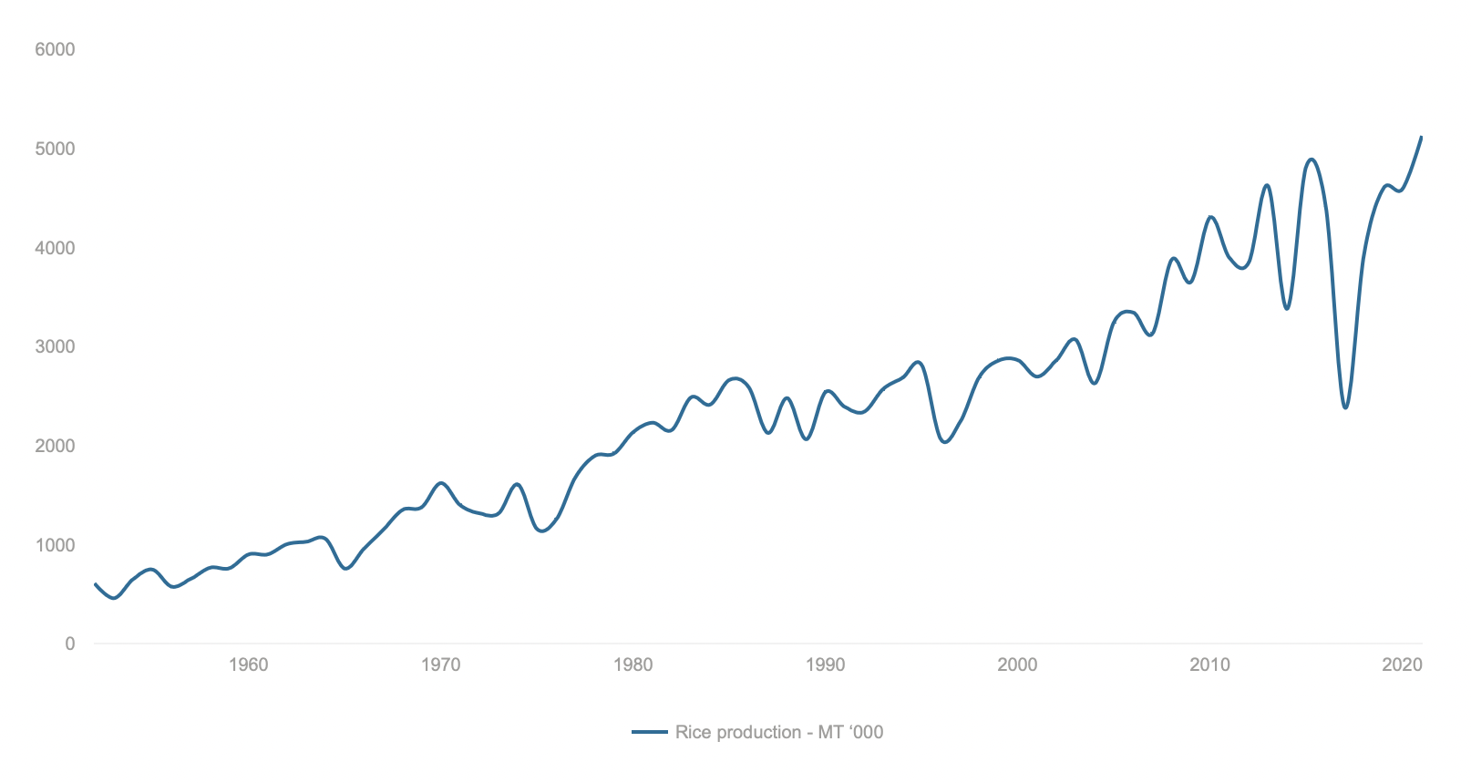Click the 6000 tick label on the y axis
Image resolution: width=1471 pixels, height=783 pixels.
(x=55, y=50)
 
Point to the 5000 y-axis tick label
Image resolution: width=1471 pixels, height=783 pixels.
(x=55, y=149)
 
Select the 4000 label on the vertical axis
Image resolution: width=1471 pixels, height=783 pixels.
(x=55, y=248)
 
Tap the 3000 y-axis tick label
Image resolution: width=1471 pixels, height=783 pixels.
(x=55, y=347)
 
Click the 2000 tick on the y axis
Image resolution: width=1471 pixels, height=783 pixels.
(x=55, y=446)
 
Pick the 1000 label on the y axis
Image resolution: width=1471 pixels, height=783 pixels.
(x=55, y=545)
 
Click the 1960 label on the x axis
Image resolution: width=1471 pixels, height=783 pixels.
(x=248, y=665)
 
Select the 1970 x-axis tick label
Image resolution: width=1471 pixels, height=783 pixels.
(x=440, y=665)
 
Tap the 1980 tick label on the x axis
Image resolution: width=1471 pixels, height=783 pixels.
(x=633, y=665)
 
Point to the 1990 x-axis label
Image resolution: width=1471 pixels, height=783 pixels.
(x=825, y=665)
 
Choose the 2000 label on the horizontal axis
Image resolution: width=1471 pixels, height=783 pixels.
(x=1017, y=665)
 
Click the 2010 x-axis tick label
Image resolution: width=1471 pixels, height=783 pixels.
(x=1209, y=665)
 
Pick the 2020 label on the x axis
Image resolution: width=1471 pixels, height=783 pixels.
(x=1402, y=665)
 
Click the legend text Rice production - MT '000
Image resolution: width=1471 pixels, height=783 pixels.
(x=779, y=733)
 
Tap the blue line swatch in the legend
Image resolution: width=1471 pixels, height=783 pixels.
(x=650, y=733)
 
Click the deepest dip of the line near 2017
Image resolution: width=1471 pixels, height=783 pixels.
(x=1345, y=407)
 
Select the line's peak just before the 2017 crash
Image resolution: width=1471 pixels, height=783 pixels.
(x=1312, y=160)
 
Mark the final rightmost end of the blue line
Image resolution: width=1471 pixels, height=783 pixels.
(x=1421, y=138)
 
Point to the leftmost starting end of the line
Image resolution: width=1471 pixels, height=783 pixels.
(x=95, y=584)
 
